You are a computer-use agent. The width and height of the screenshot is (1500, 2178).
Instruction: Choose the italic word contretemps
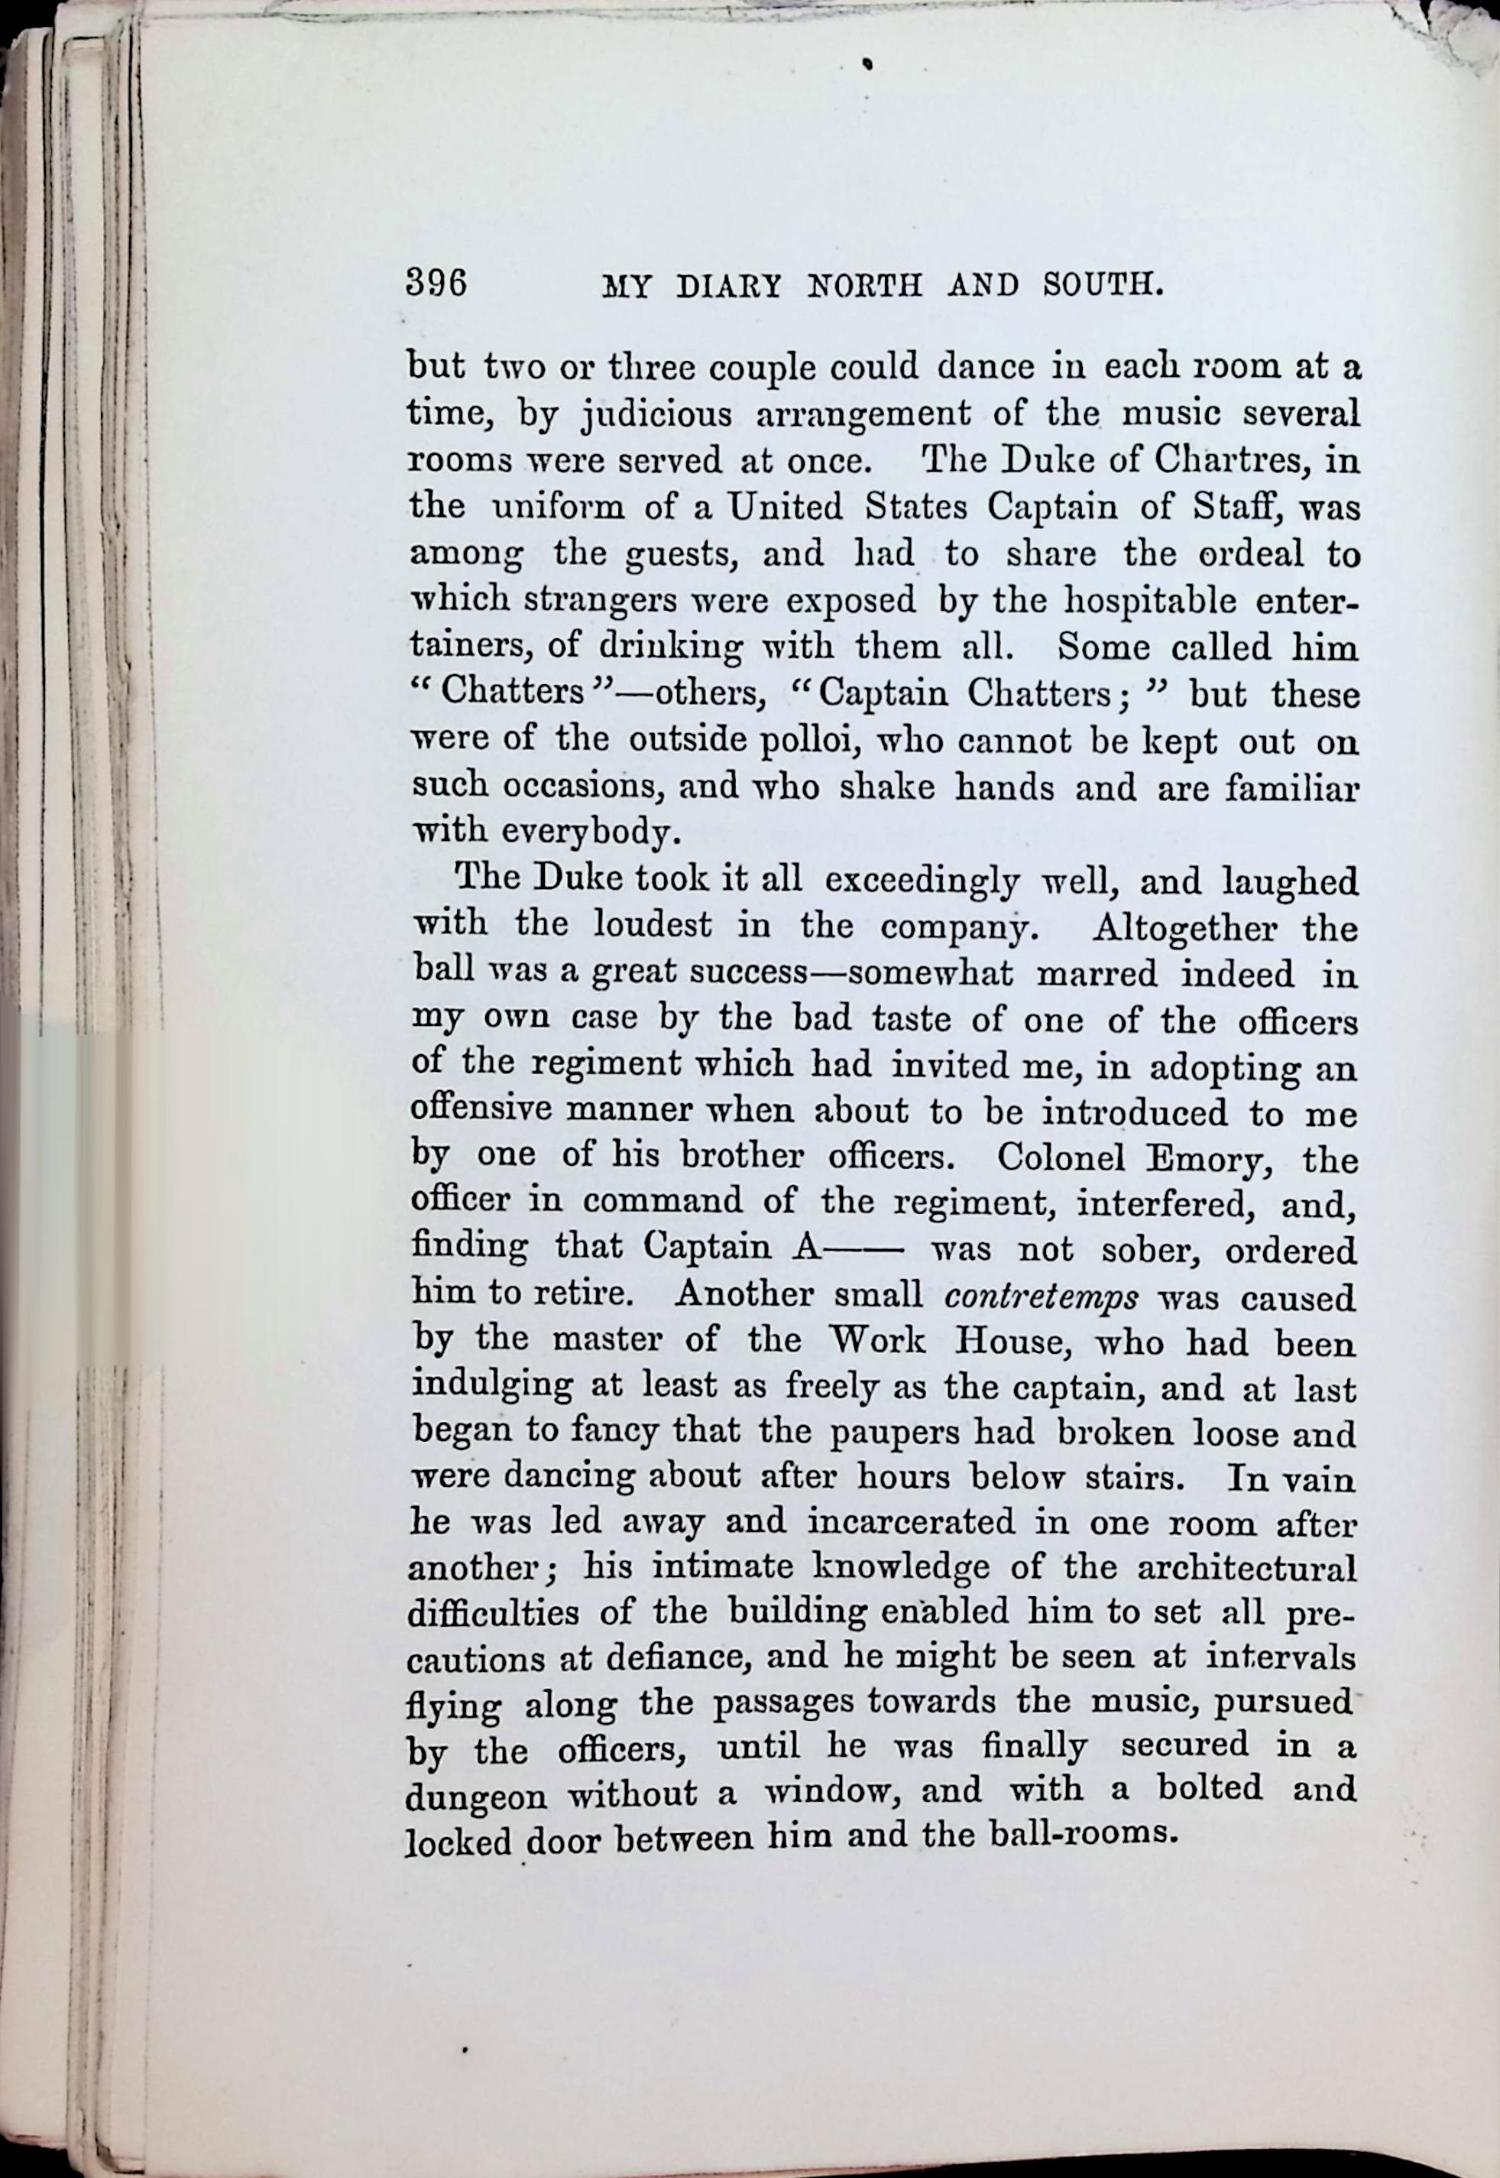point(1041,1298)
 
